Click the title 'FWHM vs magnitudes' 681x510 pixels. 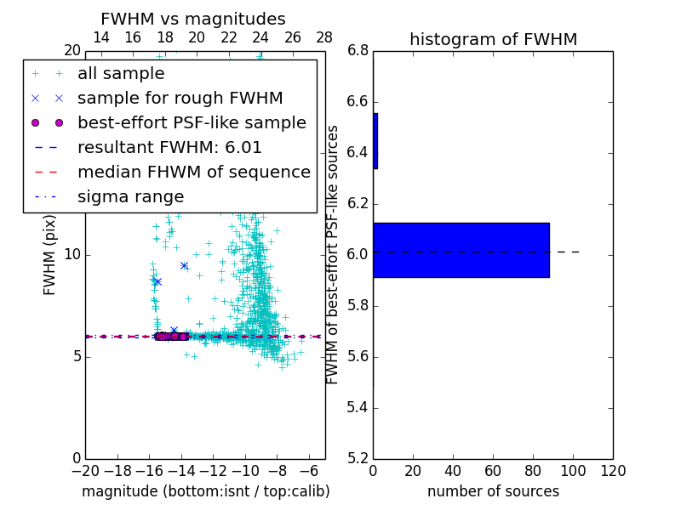click(193, 19)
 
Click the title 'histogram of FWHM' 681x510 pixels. click(493, 39)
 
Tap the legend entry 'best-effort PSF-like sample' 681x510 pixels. click(192, 122)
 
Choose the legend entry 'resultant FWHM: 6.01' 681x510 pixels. click(169, 147)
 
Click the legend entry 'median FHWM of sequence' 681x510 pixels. click(193, 172)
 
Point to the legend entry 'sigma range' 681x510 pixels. click(130, 196)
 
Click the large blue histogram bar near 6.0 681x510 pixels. click(461, 250)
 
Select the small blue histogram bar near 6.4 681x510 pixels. click(375, 140)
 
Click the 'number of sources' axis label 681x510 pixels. click(493, 491)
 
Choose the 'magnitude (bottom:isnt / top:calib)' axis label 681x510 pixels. click(205, 491)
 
